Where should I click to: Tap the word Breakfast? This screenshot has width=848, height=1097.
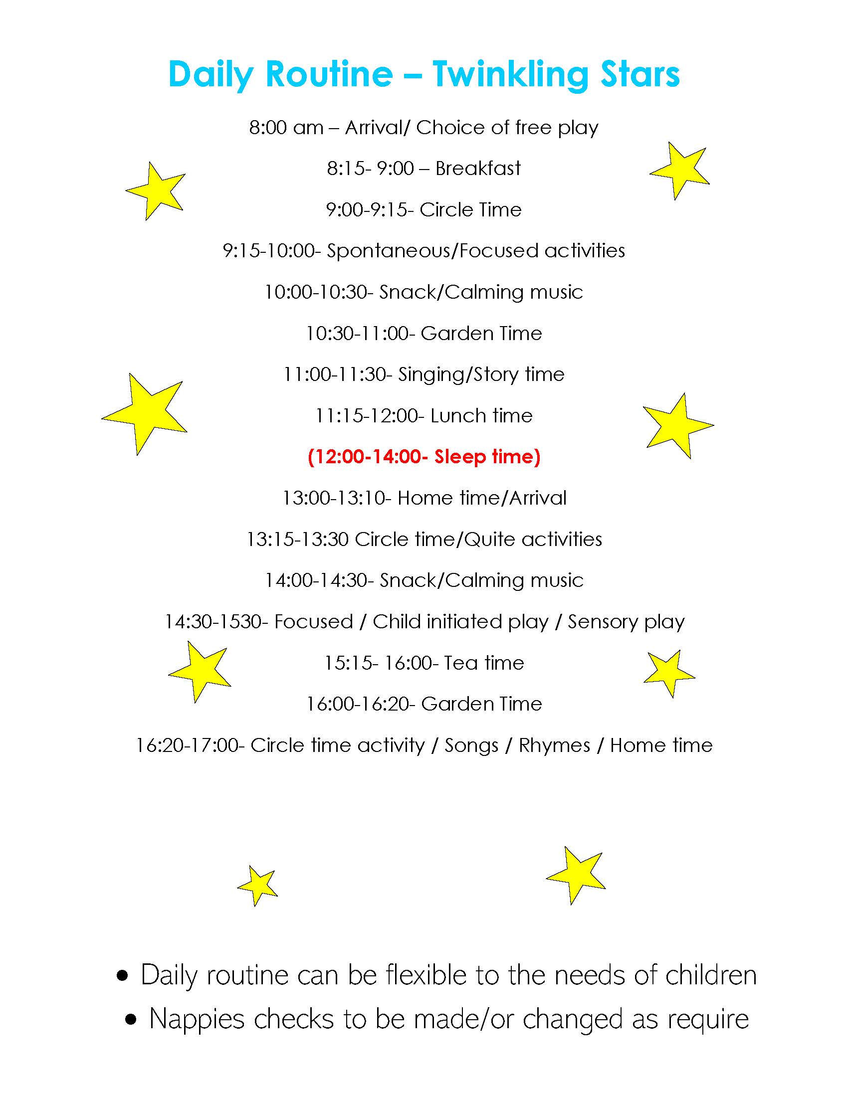coord(478,169)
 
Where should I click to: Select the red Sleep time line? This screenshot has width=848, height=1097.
coord(424,457)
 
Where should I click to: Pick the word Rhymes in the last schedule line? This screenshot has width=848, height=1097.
coord(554,745)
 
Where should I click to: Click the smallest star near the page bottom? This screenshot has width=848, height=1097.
coord(258,886)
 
